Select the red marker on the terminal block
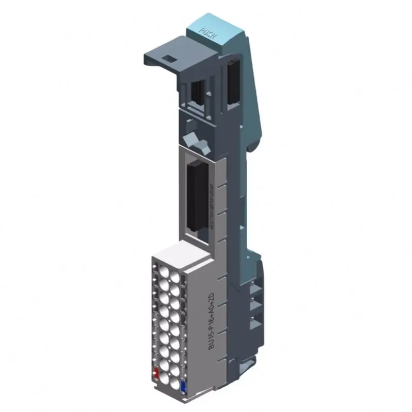point(155,373)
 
